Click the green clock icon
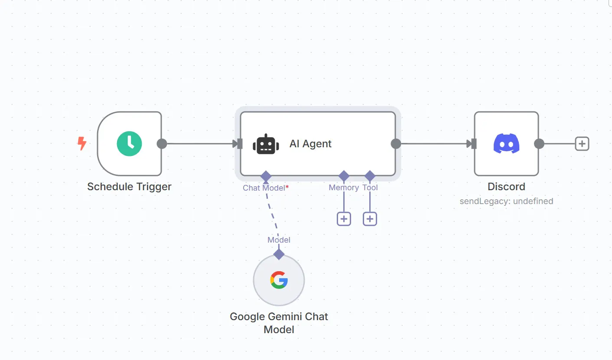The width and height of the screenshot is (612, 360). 129,143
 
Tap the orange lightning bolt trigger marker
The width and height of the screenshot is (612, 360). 81,143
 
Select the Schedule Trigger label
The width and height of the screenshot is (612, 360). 129,187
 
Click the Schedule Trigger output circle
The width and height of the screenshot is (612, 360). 162,144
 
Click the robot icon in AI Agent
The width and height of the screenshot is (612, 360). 265,144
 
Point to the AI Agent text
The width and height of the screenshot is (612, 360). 310,144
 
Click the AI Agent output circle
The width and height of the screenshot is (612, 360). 396,144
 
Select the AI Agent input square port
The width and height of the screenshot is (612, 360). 240,144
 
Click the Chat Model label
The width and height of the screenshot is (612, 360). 264,188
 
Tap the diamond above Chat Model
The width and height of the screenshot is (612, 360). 266,176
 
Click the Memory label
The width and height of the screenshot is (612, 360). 344,188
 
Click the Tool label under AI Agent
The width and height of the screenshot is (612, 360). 370,188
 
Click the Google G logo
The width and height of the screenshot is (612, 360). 279,280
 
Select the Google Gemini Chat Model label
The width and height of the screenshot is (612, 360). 279,323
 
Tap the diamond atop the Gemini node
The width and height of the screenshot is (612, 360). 279,254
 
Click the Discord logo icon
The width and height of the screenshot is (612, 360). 506,143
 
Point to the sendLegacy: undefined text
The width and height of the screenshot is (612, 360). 506,201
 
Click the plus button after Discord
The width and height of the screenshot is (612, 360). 582,144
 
